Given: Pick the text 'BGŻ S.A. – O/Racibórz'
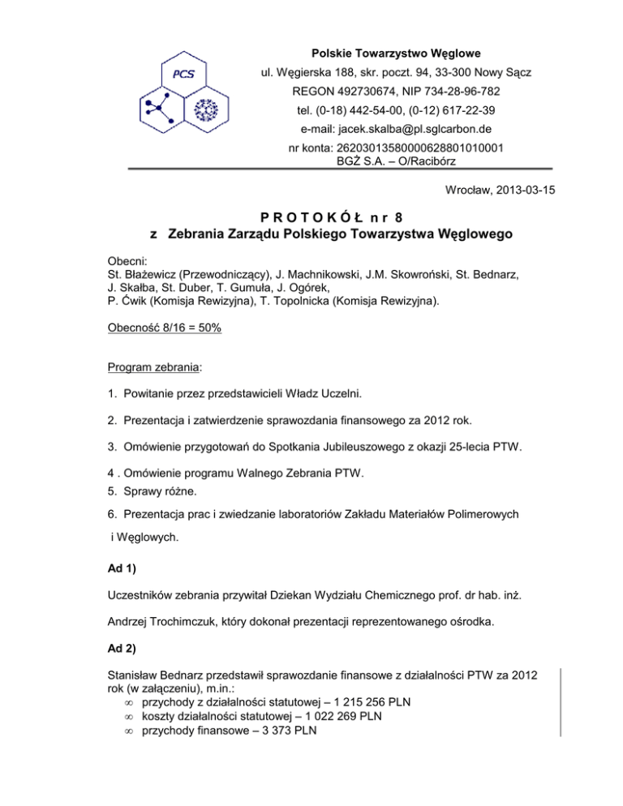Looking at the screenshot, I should (x=396, y=161).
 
